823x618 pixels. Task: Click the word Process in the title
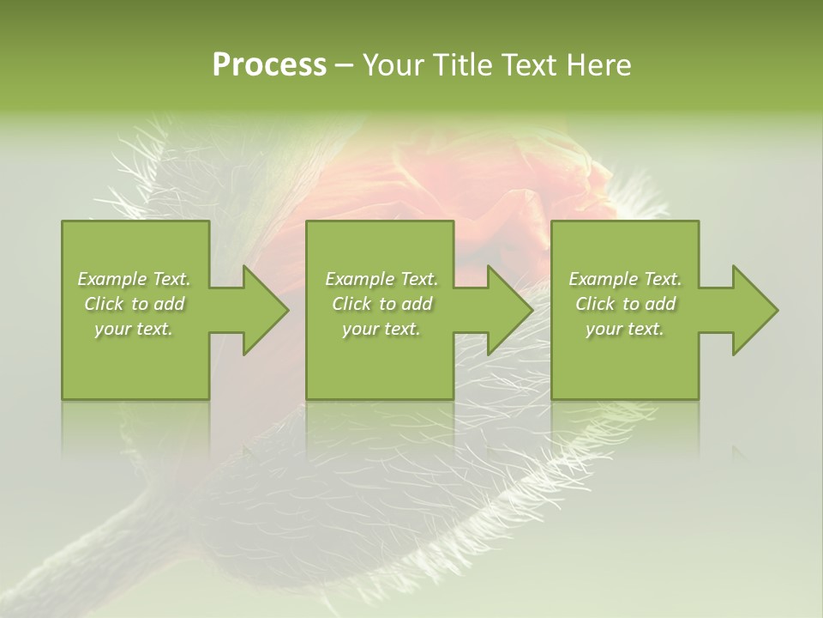269,65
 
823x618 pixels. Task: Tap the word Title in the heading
465,65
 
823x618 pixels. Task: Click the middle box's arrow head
508,310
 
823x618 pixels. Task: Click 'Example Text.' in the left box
134,279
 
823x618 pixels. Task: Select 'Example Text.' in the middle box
381,279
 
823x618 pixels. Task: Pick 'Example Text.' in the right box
625,279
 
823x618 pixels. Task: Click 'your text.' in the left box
134,329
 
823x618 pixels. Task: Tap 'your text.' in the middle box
381,329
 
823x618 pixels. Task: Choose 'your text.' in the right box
625,329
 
